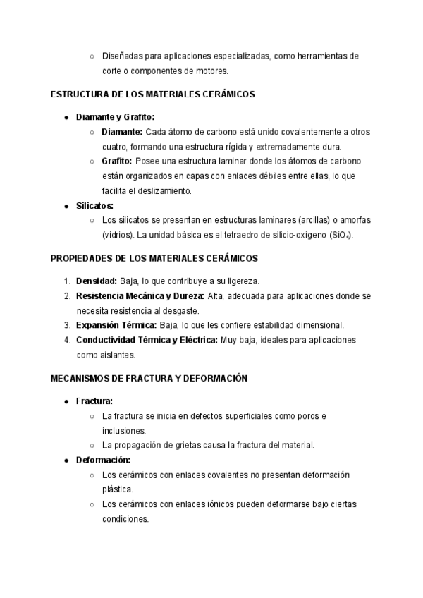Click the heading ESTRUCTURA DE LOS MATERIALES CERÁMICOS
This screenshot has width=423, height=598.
[152, 93]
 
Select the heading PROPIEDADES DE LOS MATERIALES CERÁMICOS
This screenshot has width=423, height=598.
[154, 258]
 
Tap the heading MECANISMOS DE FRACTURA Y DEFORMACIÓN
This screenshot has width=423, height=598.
[149, 379]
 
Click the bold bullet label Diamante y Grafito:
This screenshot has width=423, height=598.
[115, 117]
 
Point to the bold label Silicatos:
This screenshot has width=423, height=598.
[94, 205]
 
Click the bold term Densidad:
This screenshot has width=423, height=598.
[97, 280]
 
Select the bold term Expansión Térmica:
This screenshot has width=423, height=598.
[116, 325]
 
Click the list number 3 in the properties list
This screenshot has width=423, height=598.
[67, 325]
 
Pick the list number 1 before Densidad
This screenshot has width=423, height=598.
[67, 280]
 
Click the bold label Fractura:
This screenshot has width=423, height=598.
[94, 401]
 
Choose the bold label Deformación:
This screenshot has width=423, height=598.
[102, 460]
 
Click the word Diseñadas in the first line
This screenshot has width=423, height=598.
[122, 56]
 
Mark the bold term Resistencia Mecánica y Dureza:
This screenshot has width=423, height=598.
[140, 295]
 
